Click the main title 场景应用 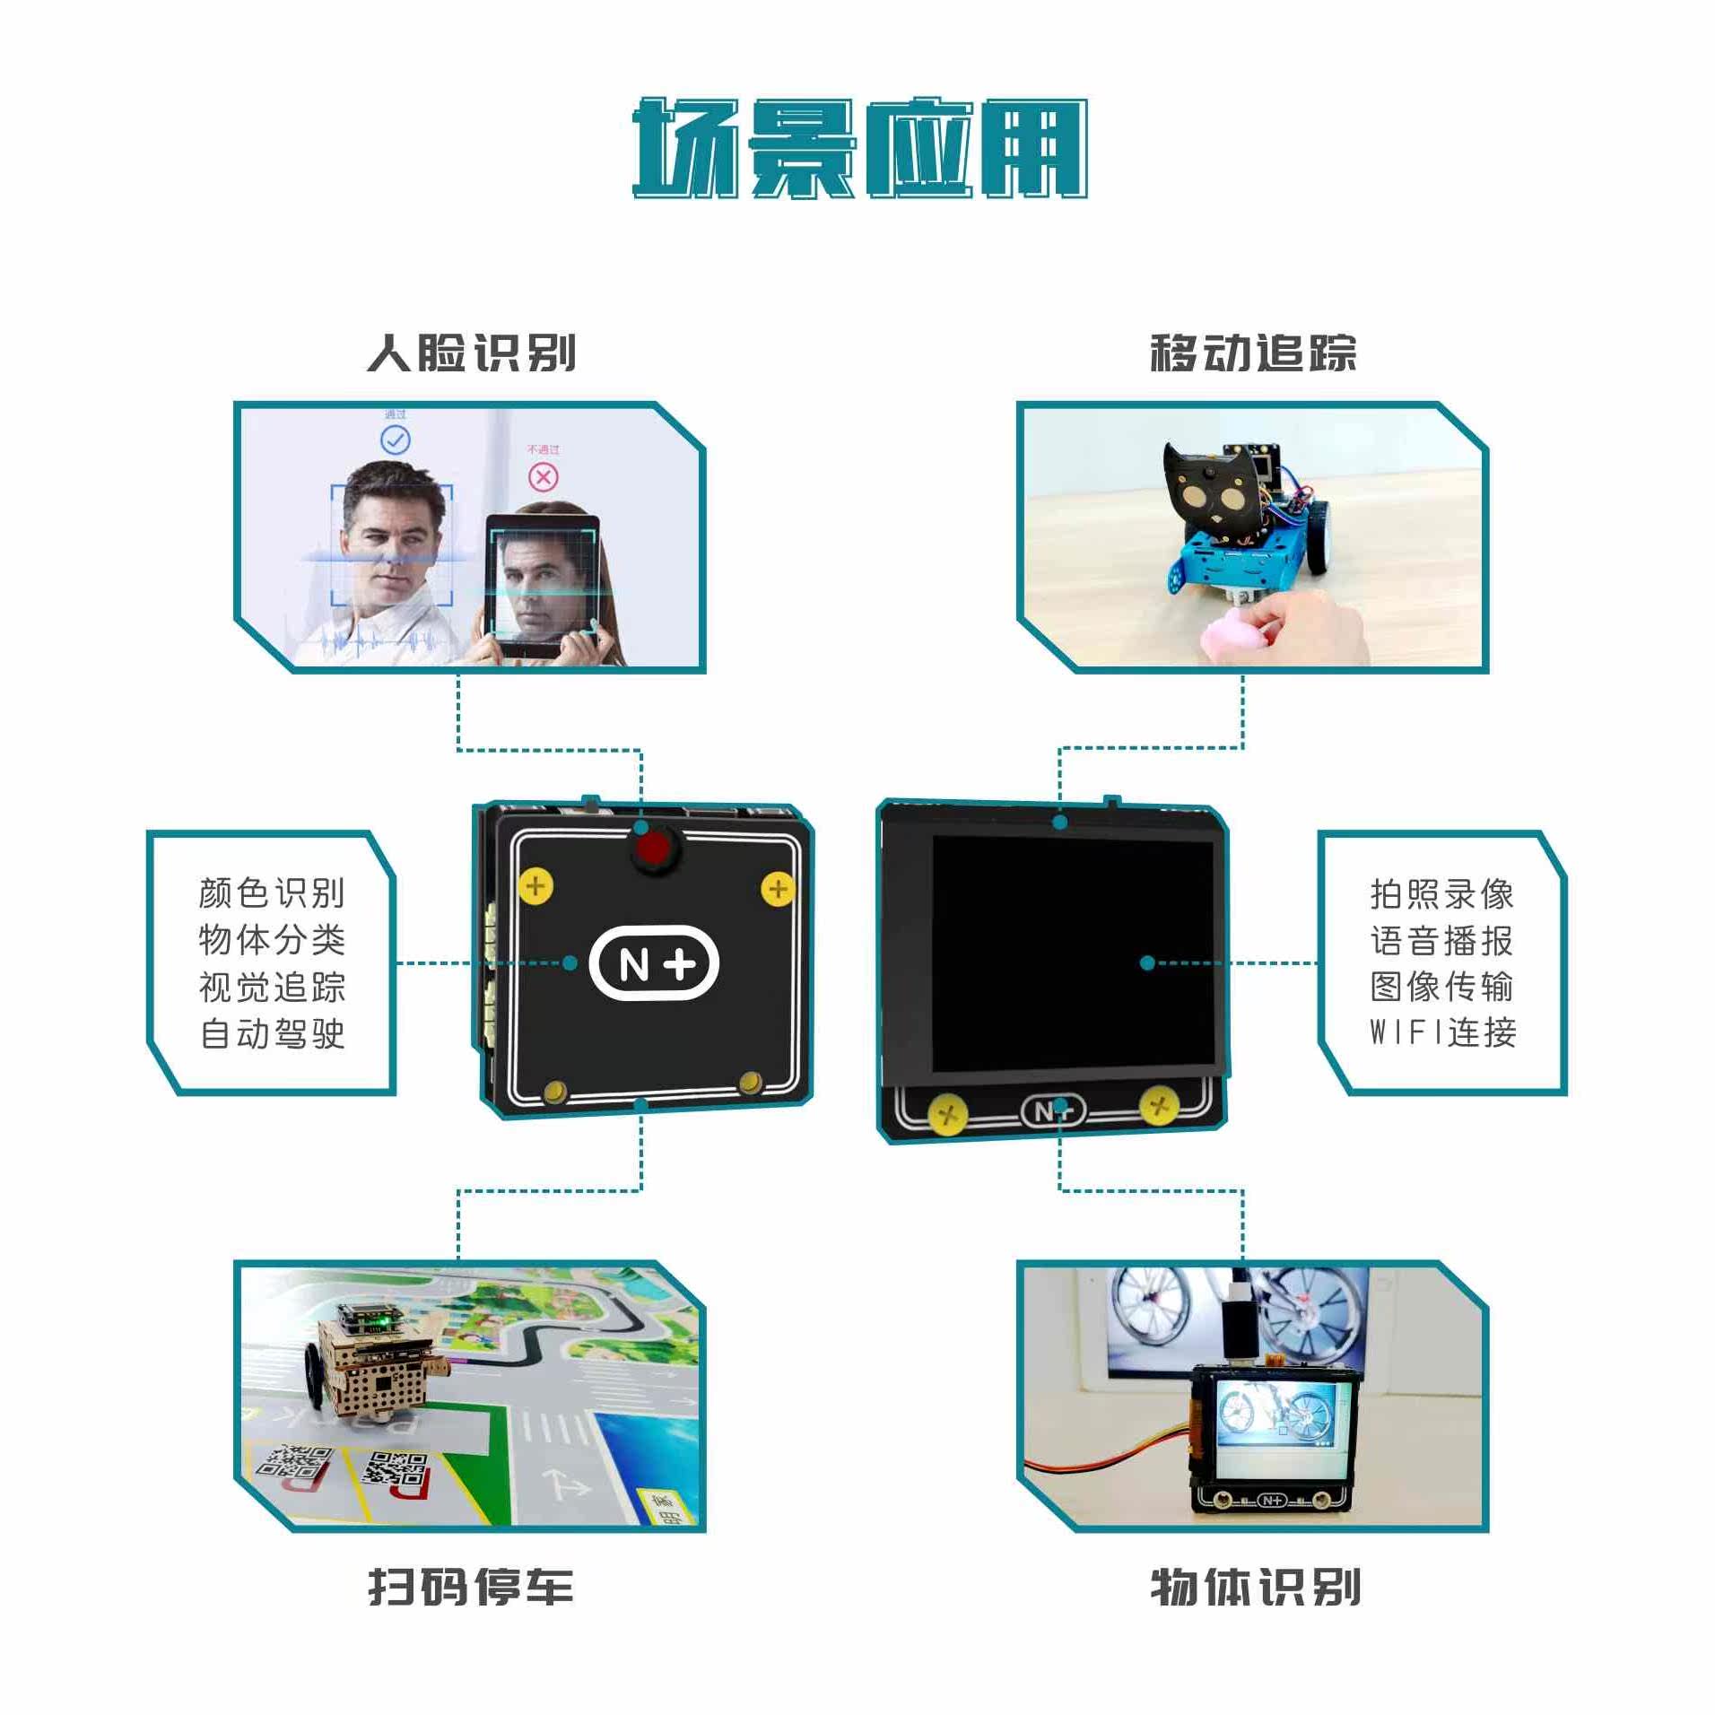coord(860,148)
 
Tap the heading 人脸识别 coord(472,353)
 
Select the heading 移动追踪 coord(1253,353)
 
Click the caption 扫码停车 coord(471,1587)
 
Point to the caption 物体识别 coord(1255,1587)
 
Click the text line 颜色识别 coord(272,892)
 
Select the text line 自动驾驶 coord(272,1033)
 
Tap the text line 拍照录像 coord(1442,894)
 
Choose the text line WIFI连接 coord(1442,1032)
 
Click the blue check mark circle coord(396,440)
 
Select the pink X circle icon coord(543,476)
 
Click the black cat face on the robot coord(1210,493)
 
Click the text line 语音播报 coord(1442,941)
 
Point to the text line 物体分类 coord(272,939)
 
